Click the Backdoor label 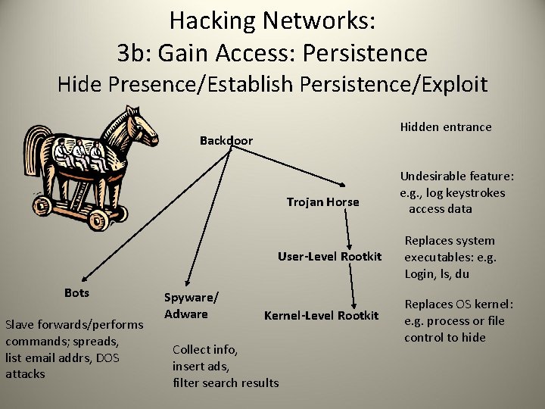click(x=226, y=140)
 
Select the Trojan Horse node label click(x=322, y=201)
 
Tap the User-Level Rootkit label click(x=329, y=256)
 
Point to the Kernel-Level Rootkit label click(x=321, y=315)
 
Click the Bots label click(x=76, y=292)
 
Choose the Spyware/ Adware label click(x=192, y=304)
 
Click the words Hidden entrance click(x=445, y=126)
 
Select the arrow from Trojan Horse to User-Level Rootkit click(x=349, y=230)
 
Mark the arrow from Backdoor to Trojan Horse click(x=292, y=165)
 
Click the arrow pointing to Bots click(x=151, y=217)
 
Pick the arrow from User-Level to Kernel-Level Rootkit click(x=350, y=285)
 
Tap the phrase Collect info click(x=204, y=349)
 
